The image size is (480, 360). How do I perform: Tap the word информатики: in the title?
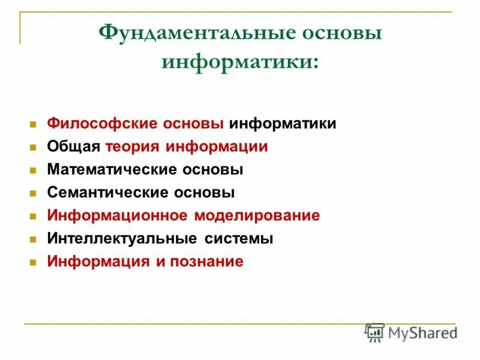(x=240, y=61)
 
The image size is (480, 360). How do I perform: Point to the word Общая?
(x=74, y=146)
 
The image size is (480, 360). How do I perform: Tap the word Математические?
(x=109, y=170)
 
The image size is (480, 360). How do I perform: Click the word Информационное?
(x=118, y=215)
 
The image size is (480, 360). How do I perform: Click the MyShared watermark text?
(x=422, y=332)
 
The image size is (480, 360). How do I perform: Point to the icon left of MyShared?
(x=374, y=332)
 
